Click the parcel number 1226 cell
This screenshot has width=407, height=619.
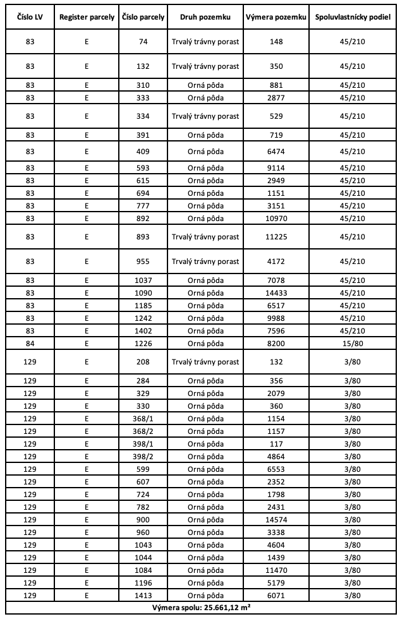click(143, 344)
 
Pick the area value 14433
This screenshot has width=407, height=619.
click(276, 293)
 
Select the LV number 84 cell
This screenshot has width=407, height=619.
click(30, 344)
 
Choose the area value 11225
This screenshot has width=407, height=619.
click(276, 237)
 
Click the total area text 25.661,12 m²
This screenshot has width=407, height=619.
click(203, 609)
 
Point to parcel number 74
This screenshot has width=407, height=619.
click(143, 42)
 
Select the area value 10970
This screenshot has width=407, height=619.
click(276, 218)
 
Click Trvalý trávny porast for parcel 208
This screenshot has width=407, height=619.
click(205, 362)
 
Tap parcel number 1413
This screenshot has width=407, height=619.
click(143, 596)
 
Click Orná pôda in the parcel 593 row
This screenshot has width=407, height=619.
click(205, 169)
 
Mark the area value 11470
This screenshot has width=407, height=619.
click(276, 571)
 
